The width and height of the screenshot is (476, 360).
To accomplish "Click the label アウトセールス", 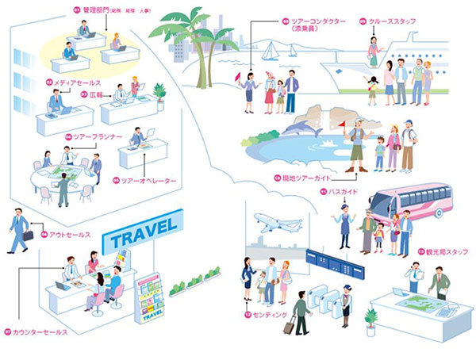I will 69,235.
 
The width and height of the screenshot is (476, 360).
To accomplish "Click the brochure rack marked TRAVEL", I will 148,298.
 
